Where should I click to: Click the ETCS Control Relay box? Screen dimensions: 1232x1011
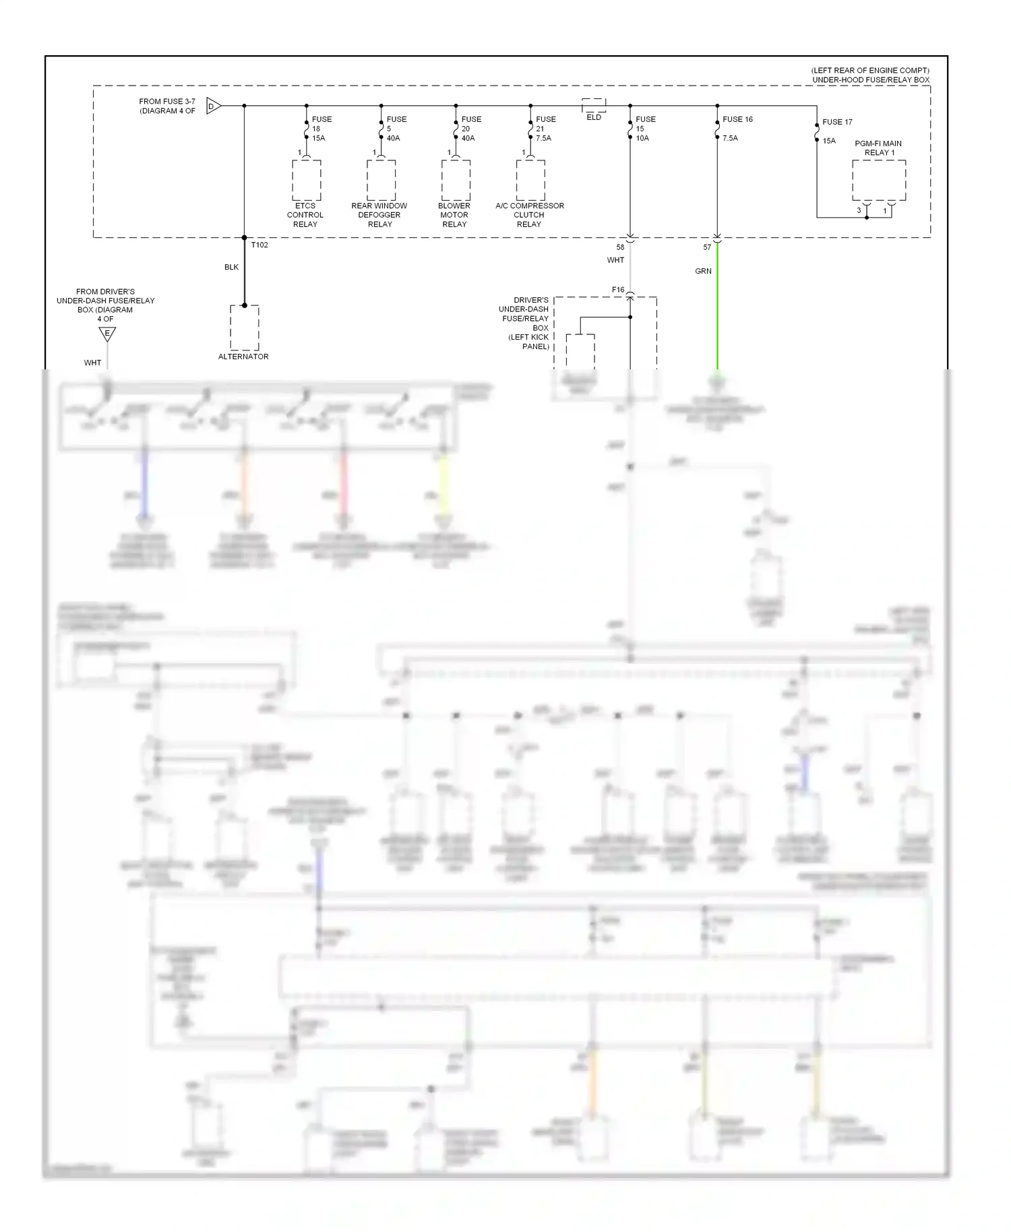pyautogui.click(x=306, y=180)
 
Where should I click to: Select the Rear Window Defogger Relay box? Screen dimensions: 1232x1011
pyautogui.click(x=381, y=180)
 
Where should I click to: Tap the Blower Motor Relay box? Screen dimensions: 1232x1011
pyautogui.click(x=456, y=180)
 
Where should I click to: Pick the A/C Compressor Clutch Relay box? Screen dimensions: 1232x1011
pyautogui.click(x=530, y=180)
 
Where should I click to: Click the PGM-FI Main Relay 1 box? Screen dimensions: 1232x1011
pyautogui.click(x=878, y=180)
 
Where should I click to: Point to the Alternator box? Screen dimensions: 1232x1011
pyautogui.click(x=244, y=327)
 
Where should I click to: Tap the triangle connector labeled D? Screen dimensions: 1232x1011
pyautogui.click(x=213, y=106)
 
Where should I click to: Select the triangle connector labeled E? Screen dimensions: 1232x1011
pyautogui.click(x=106, y=334)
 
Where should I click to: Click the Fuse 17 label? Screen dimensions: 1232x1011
pyautogui.click(x=837, y=122)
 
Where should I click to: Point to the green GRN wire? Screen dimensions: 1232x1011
pyautogui.click(x=717, y=303)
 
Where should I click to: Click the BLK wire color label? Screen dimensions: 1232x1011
pyautogui.click(x=231, y=267)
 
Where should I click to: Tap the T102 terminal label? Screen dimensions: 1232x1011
pyautogui.click(x=259, y=245)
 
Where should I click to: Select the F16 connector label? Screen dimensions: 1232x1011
pyautogui.click(x=618, y=290)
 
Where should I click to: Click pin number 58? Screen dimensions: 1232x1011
pyautogui.click(x=620, y=247)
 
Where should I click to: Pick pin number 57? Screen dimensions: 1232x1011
pyautogui.click(x=707, y=247)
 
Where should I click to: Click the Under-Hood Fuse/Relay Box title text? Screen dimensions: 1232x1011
pyautogui.click(x=870, y=80)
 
